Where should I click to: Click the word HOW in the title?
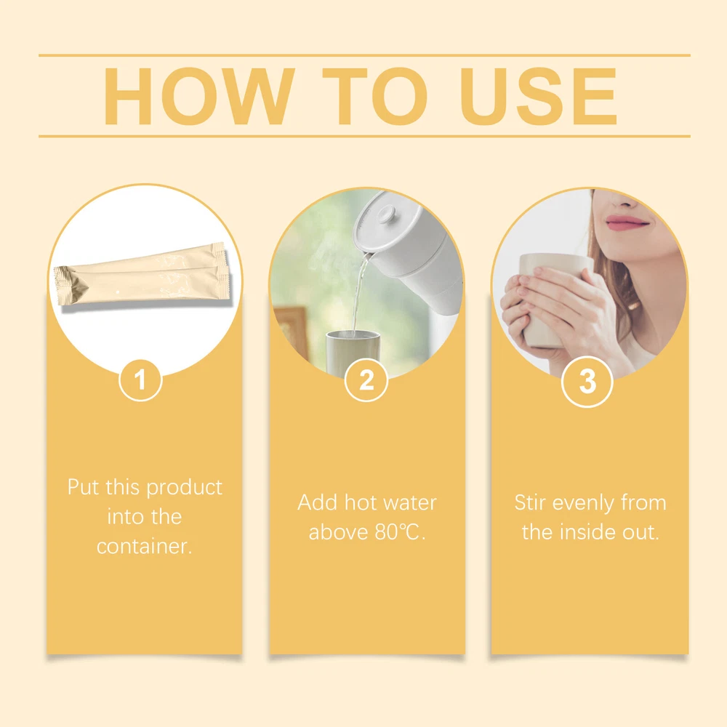click(x=199, y=97)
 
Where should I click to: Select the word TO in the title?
click(x=374, y=97)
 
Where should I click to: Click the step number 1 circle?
click(x=140, y=380)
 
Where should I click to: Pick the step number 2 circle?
click(x=366, y=380)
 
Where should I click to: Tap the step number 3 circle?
click(x=587, y=382)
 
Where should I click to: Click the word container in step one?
click(x=144, y=546)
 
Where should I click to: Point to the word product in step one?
click(x=184, y=488)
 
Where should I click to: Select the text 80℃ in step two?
click(x=398, y=532)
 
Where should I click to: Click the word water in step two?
click(x=410, y=503)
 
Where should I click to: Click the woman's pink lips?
click(x=627, y=222)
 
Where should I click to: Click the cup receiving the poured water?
click(x=353, y=352)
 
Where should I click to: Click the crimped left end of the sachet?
click(x=65, y=285)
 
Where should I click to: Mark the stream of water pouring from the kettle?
click(x=358, y=292)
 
